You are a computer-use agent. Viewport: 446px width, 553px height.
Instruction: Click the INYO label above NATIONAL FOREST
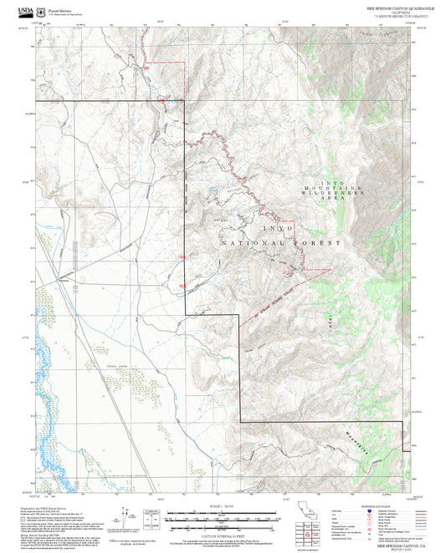point(278,228)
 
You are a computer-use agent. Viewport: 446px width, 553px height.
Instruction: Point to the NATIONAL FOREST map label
point(281,242)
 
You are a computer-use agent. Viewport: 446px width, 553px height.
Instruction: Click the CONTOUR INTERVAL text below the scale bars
point(223,535)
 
